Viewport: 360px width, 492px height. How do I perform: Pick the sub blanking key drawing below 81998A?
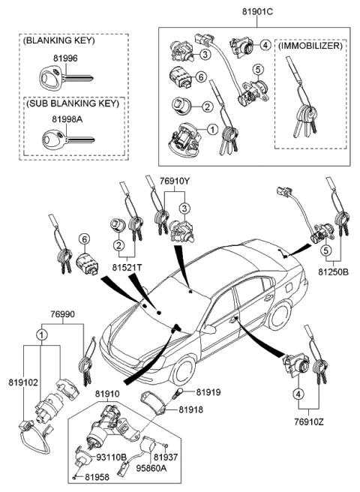66,140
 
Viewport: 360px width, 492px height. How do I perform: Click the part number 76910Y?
175,181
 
